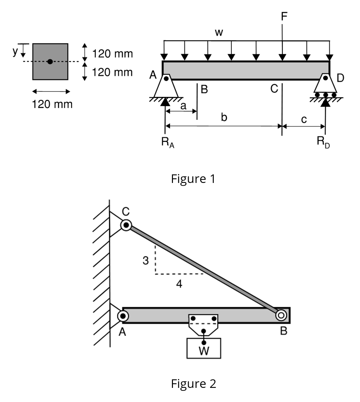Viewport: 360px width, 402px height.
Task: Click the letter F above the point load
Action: pyautogui.click(x=284, y=16)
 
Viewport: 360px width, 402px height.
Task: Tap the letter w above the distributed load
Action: pyautogui.click(x=219, y=32)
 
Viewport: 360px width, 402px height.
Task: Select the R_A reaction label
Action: pyautogui.click(x=168, y=142)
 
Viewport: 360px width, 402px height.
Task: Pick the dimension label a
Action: pyautogui.click(x=183, y=106)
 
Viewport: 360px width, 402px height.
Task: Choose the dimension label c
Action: pyautogui.click(x=304, y=120)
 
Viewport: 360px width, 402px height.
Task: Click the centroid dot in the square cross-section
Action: pyautogui.click(x=50, y=61)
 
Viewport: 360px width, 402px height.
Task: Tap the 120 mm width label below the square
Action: pyautogui.click(x=52, y=104)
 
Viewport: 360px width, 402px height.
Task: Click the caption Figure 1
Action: pyautogui.click(x=193, y=179)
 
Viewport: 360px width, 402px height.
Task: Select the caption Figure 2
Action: pyautogui.click(x=193, y=383)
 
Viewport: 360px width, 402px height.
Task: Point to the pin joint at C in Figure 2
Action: pyautogui.click(x=126, y=226)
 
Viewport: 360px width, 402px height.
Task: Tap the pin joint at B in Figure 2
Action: pyautogui.click(x=281, y=315)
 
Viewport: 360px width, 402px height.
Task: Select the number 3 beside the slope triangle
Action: pyautogui.click(x=145, y=261)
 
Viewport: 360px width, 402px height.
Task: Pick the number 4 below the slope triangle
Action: pyautogui.click(x=179, y=283)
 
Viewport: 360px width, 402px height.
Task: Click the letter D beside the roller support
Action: pyautogui.click(x=341, y=78)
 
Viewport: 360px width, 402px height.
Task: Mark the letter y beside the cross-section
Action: pyautogui.click(x=15, y=51)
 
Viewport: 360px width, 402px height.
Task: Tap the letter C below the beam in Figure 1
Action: pyautogui.click(x=274, y=89)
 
